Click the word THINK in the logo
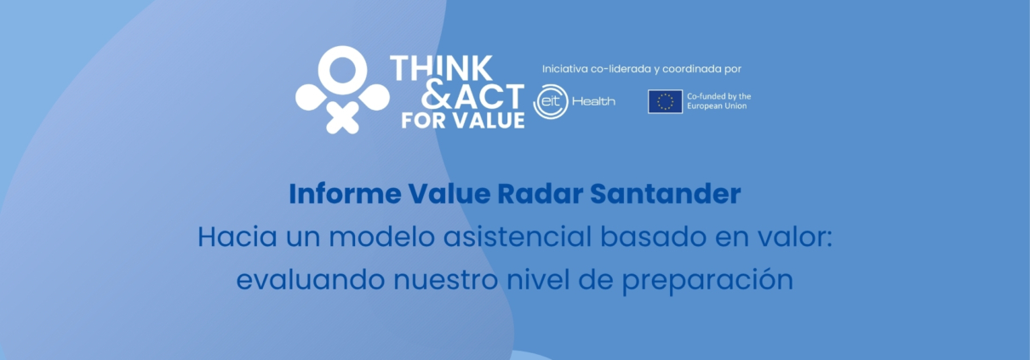(441, 69)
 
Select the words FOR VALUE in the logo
(462, 121)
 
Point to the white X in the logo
(342, 117)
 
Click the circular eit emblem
(551, 101)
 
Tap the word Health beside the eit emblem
(593, 101)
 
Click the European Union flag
(665, 101)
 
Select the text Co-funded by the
(718, 96)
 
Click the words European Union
(717, 106)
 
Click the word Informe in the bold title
(345, 193)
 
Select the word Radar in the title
(541, 193)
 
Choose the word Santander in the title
(666, 193)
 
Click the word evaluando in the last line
(311, 279)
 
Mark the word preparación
(707, 280)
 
